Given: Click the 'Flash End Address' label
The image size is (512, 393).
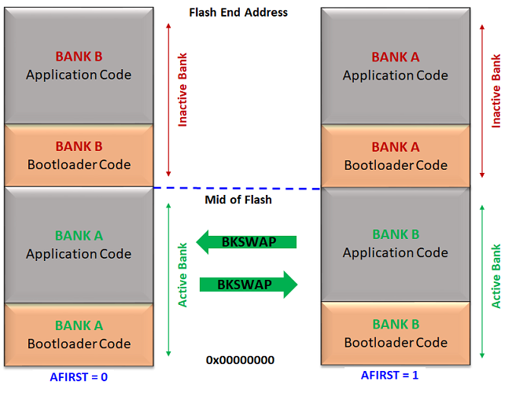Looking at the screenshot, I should [x=238, y=13].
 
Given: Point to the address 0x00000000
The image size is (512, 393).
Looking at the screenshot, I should [x=240, y=360].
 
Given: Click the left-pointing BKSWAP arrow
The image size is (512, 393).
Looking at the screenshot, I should [x=245, y=241].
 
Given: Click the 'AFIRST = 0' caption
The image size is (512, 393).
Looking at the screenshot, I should [x=78, y=376].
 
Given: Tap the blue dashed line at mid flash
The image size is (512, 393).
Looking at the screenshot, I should [x=237, y=188].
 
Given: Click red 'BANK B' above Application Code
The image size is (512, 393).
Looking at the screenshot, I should [x=79, y=57].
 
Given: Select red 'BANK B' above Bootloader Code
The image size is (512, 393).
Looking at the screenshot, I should [x=79, y=146].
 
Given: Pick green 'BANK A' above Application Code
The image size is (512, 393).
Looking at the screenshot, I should [x=79, y=235].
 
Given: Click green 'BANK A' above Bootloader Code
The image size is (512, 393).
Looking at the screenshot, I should [x=79, y=325].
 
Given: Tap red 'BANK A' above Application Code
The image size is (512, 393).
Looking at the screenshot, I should [x=395, y=57].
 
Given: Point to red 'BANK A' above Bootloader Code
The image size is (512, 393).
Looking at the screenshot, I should [x=395, y=147].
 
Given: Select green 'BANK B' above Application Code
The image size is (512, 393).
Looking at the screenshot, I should [x=395, y=234].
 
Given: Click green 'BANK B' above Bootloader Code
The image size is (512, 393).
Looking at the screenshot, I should [x=395, y=324].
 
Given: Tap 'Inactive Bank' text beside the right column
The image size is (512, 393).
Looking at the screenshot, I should [x=495, y=91].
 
